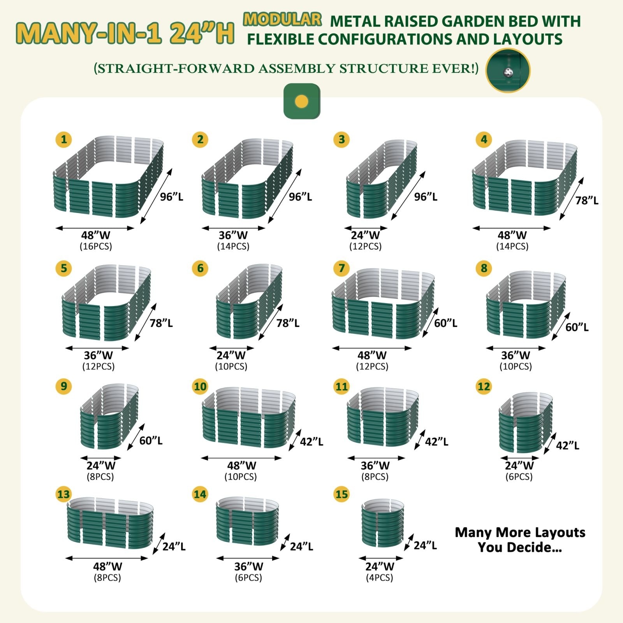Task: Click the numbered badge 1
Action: click(64, 139)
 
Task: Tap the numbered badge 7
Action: click(341, 268)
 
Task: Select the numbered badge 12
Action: click(484, 386)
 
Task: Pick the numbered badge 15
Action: click(341, 494)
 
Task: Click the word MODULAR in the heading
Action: click(283, 19)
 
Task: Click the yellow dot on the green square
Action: click(302, 102)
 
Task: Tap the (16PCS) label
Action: click(96, 246)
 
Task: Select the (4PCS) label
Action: click(380, 577)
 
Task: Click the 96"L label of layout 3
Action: click(426, 197)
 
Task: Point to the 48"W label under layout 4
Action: click(512, 235)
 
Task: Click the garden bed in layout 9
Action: click(109, 416)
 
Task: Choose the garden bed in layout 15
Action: click(383, 523)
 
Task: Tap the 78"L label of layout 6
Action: click(288, 323)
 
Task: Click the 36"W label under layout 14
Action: click(248, 567)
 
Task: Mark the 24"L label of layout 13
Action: click(174, 547)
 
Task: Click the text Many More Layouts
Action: click(520, 532)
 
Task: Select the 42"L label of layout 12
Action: click(568, 445)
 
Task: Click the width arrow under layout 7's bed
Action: click(372, 348)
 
